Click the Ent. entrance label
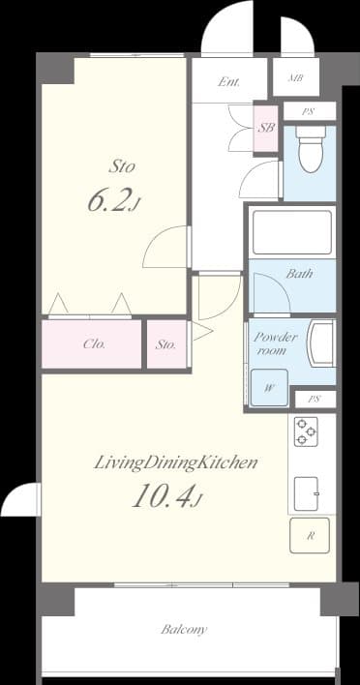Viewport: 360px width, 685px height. pos(228,82)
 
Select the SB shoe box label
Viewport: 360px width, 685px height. pos(266,128)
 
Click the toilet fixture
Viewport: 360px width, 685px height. pos(310,151)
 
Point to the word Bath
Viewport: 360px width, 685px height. pos(299,274)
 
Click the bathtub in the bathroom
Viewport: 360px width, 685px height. pos(291,230)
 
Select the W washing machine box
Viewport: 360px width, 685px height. pos(268,390)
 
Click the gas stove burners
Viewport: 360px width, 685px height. pos(307,431)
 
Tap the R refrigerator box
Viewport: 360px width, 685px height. pos(310,534)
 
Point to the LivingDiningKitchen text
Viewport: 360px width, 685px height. pos(175,462)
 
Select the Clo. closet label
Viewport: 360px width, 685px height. pos(94,343)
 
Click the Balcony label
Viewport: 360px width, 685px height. pos(184,629)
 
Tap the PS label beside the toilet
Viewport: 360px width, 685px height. pos(307,111)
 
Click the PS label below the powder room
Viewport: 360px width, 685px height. pos(314,399)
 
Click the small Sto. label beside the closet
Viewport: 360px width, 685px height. pos(165,343)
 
